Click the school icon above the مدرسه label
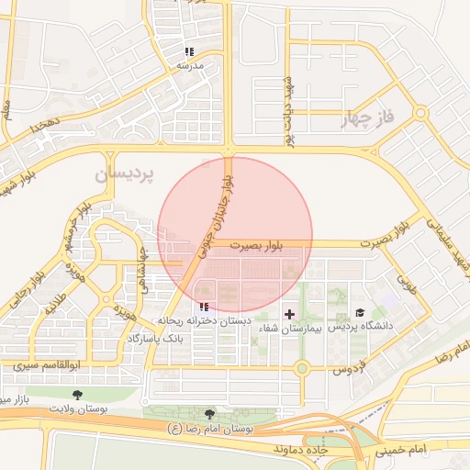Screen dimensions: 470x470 click(189, 51)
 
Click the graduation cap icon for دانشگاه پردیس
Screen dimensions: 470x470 click(360, 313)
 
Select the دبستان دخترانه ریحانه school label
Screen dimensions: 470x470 click(204, 322)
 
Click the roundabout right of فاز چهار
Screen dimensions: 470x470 click(420, 114)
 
